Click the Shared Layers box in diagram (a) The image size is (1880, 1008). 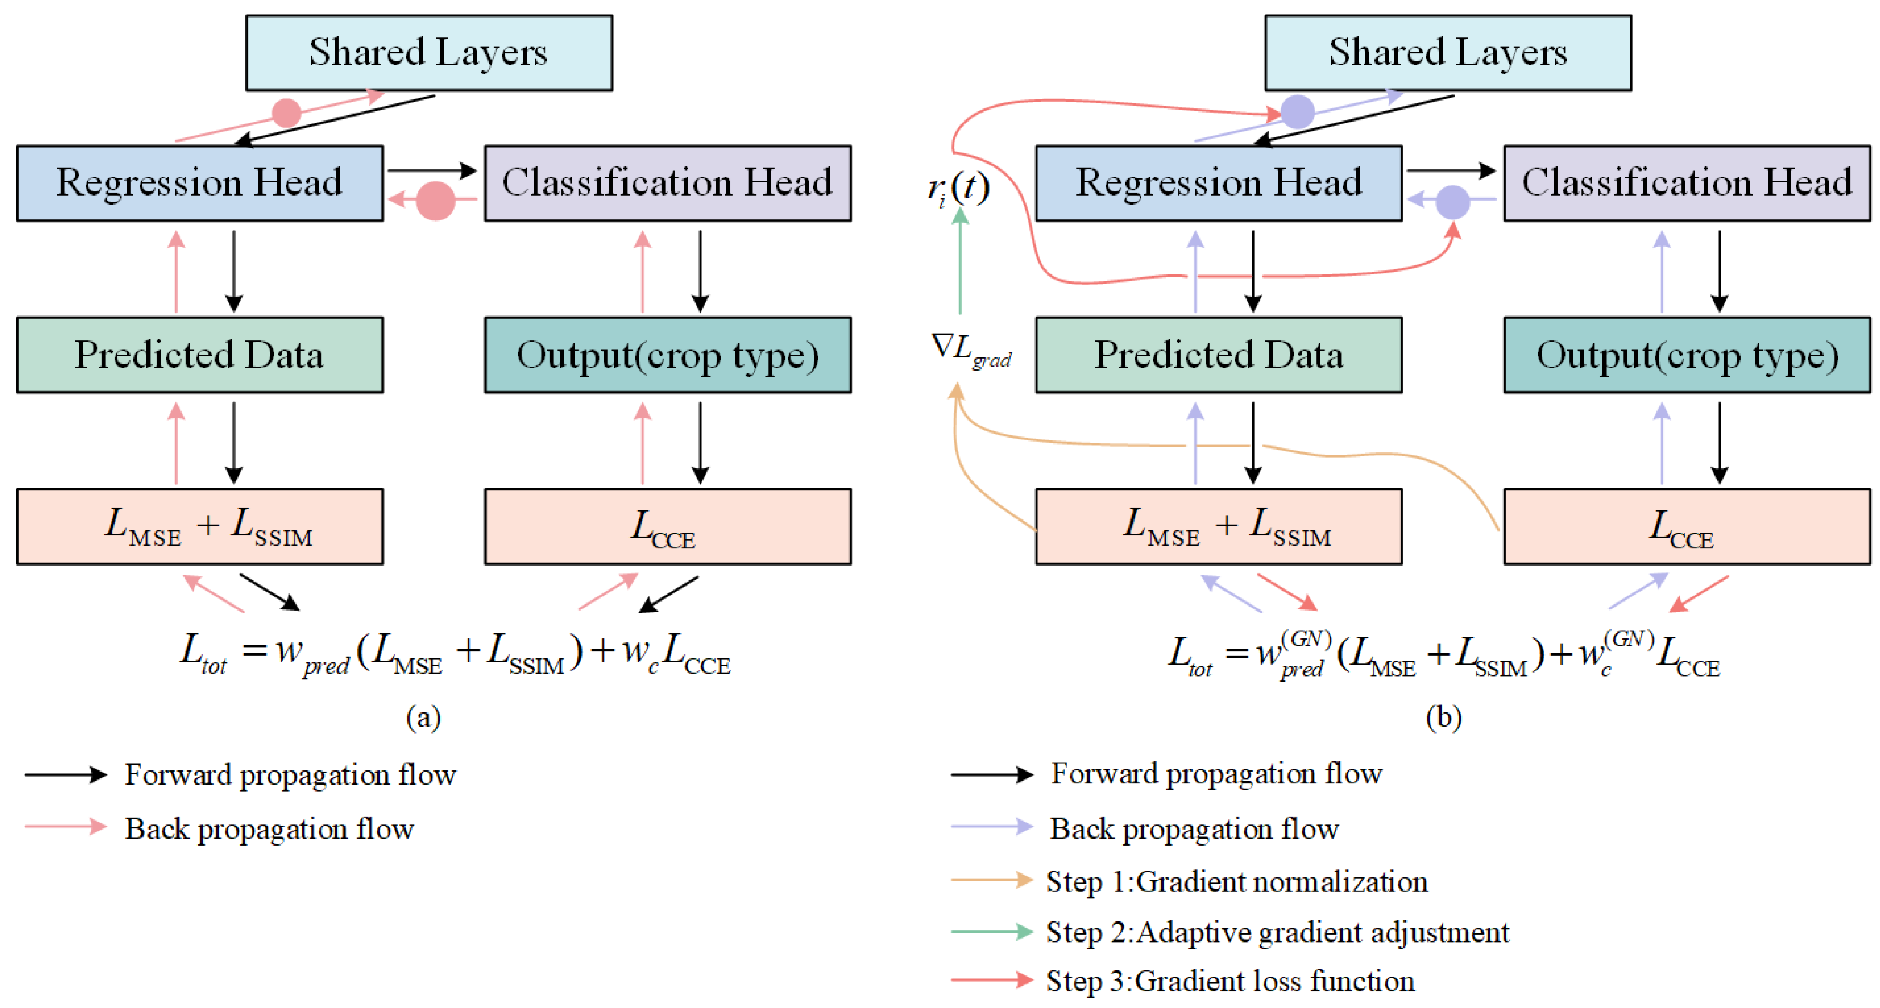(429, 53)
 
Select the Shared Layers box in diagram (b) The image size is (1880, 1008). (1447, 53)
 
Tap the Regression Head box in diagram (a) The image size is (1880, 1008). (199, 182)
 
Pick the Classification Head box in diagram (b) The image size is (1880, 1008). (1686, 182)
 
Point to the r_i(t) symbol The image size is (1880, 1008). (958, 188)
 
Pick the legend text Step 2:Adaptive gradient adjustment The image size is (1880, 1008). (1277, 932)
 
